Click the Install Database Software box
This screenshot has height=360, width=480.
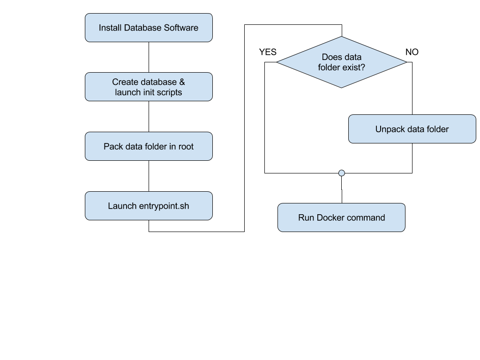149,28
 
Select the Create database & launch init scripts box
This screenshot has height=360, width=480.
149,87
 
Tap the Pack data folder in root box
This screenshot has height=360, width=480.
149,146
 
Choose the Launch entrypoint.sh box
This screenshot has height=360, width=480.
149,206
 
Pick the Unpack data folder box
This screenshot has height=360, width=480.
412,129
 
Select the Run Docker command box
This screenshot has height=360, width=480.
341,217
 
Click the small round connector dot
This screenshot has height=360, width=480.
342,173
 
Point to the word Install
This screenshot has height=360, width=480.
110,28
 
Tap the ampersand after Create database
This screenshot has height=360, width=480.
182,82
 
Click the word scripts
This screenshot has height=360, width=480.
170,92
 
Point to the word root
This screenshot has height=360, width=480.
185,146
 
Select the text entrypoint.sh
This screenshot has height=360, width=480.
164,206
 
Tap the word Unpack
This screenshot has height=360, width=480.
388,129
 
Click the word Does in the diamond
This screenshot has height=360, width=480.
332,57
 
